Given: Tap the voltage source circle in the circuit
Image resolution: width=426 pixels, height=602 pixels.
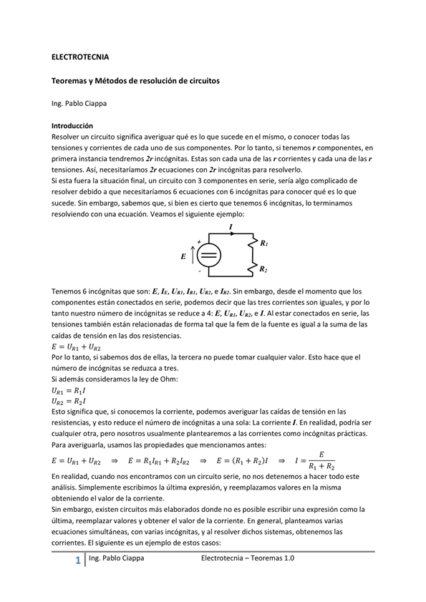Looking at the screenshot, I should (x=208, y=256).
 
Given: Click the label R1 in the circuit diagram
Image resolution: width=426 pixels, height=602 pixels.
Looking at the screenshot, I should (x=264, y=243).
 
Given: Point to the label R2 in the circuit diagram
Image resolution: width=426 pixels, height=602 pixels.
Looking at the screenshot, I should (x=264, y=269).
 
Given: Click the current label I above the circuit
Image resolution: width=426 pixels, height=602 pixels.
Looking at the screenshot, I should (x=231, y=226).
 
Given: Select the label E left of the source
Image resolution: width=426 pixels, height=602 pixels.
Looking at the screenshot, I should (x=183, y=256).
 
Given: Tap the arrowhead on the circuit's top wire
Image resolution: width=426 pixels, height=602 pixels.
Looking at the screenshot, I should (x=231, y=233).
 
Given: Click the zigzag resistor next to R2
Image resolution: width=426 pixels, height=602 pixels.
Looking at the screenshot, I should (x=252, y=268).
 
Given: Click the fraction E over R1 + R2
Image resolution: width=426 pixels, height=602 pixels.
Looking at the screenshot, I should (x=321, y=460).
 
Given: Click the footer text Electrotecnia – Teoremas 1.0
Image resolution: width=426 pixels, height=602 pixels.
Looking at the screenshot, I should (x=248, y=558).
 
